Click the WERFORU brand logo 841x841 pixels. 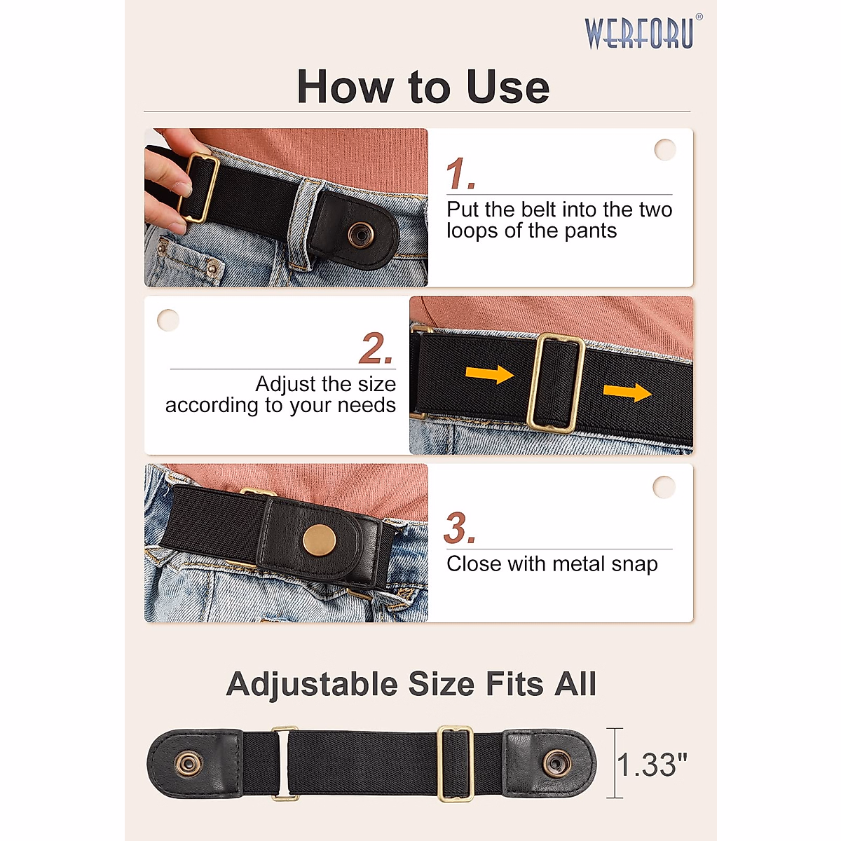click(640, 34)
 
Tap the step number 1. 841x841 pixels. click(459, 174)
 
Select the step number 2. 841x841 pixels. click(375, 348)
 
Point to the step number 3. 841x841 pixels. click(458, 528)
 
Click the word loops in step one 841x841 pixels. click(473, 231)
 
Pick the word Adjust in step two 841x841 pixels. click(286, 384)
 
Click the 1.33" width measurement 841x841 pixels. click(652, 765)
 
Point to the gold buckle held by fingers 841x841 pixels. click(198, 187)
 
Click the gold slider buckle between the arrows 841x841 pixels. click(556, 383)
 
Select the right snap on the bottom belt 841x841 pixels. click(557, 763)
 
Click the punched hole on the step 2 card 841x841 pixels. click(168, 320)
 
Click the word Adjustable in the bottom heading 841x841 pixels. click(312, 684)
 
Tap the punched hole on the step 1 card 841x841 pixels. click(664, 149)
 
